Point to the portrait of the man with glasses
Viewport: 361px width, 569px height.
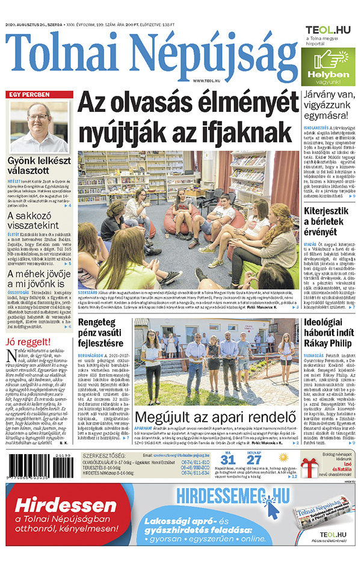[39, 126]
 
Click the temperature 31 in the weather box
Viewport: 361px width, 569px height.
[229, 462]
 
